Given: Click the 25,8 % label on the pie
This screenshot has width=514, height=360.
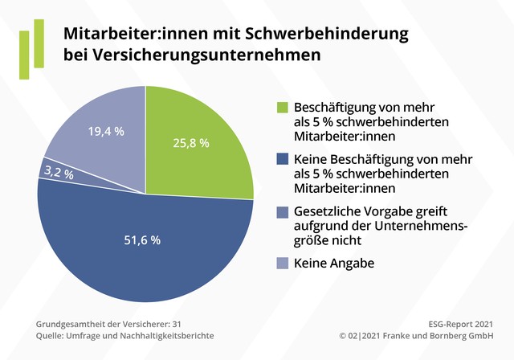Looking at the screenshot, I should pyautogui.click(x=190, y=143).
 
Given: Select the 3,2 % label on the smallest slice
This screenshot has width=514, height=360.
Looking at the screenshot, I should pyautogui.click(x=59, y=173).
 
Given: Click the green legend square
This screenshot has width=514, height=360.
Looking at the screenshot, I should pyautogui.click(x=281, y=107).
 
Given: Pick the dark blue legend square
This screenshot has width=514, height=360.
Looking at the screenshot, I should pyautogui.click(x=281, y=159).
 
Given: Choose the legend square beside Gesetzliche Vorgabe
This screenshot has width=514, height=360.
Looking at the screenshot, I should pyautogui.click(x=281, y=211).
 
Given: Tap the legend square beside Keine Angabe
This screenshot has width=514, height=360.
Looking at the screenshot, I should pyautogui.click(x=281, y=263).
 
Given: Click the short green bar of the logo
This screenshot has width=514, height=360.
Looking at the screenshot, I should pyautogui.click(x=25, y=56).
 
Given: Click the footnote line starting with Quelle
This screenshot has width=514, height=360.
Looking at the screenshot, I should pyautogui.click(x=124, y=335).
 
